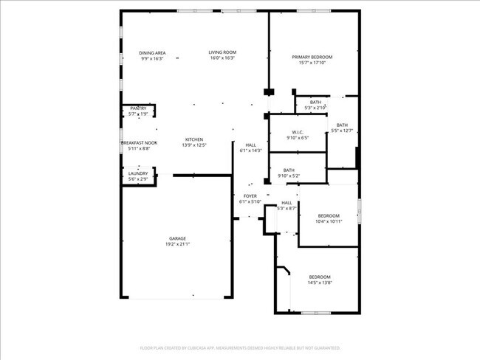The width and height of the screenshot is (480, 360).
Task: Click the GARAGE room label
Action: pos(177,238)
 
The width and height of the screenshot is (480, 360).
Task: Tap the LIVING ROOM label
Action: pos(222,52)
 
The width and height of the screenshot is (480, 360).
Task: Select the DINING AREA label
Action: pos(152,52)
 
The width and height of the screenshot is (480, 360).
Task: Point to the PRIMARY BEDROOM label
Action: pos(312,57)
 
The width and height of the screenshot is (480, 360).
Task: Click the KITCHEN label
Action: pos(194,139)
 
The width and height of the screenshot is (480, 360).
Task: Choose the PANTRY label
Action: pos(138,108)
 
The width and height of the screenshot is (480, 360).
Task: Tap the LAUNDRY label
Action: pos(138,173)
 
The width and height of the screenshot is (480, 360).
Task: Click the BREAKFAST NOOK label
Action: pos(139,142)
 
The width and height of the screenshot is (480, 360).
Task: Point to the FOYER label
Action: pos(250,196)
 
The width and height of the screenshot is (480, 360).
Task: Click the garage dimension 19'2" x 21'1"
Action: pos(177,244)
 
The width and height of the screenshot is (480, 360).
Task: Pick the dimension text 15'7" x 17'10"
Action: pos(312,63)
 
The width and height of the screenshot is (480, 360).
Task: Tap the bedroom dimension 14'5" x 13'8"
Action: pos(320,283)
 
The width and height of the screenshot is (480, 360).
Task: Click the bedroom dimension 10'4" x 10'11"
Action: pos(329,221)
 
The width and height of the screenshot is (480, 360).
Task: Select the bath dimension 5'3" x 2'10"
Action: pos(315,108)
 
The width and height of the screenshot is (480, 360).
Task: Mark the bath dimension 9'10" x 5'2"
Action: pos(288,176)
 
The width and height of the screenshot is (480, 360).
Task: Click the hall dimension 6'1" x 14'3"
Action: pos(251,150)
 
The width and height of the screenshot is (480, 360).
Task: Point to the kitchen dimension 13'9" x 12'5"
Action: pos(194,145)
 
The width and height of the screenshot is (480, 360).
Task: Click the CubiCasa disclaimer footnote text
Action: pos(240,347)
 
